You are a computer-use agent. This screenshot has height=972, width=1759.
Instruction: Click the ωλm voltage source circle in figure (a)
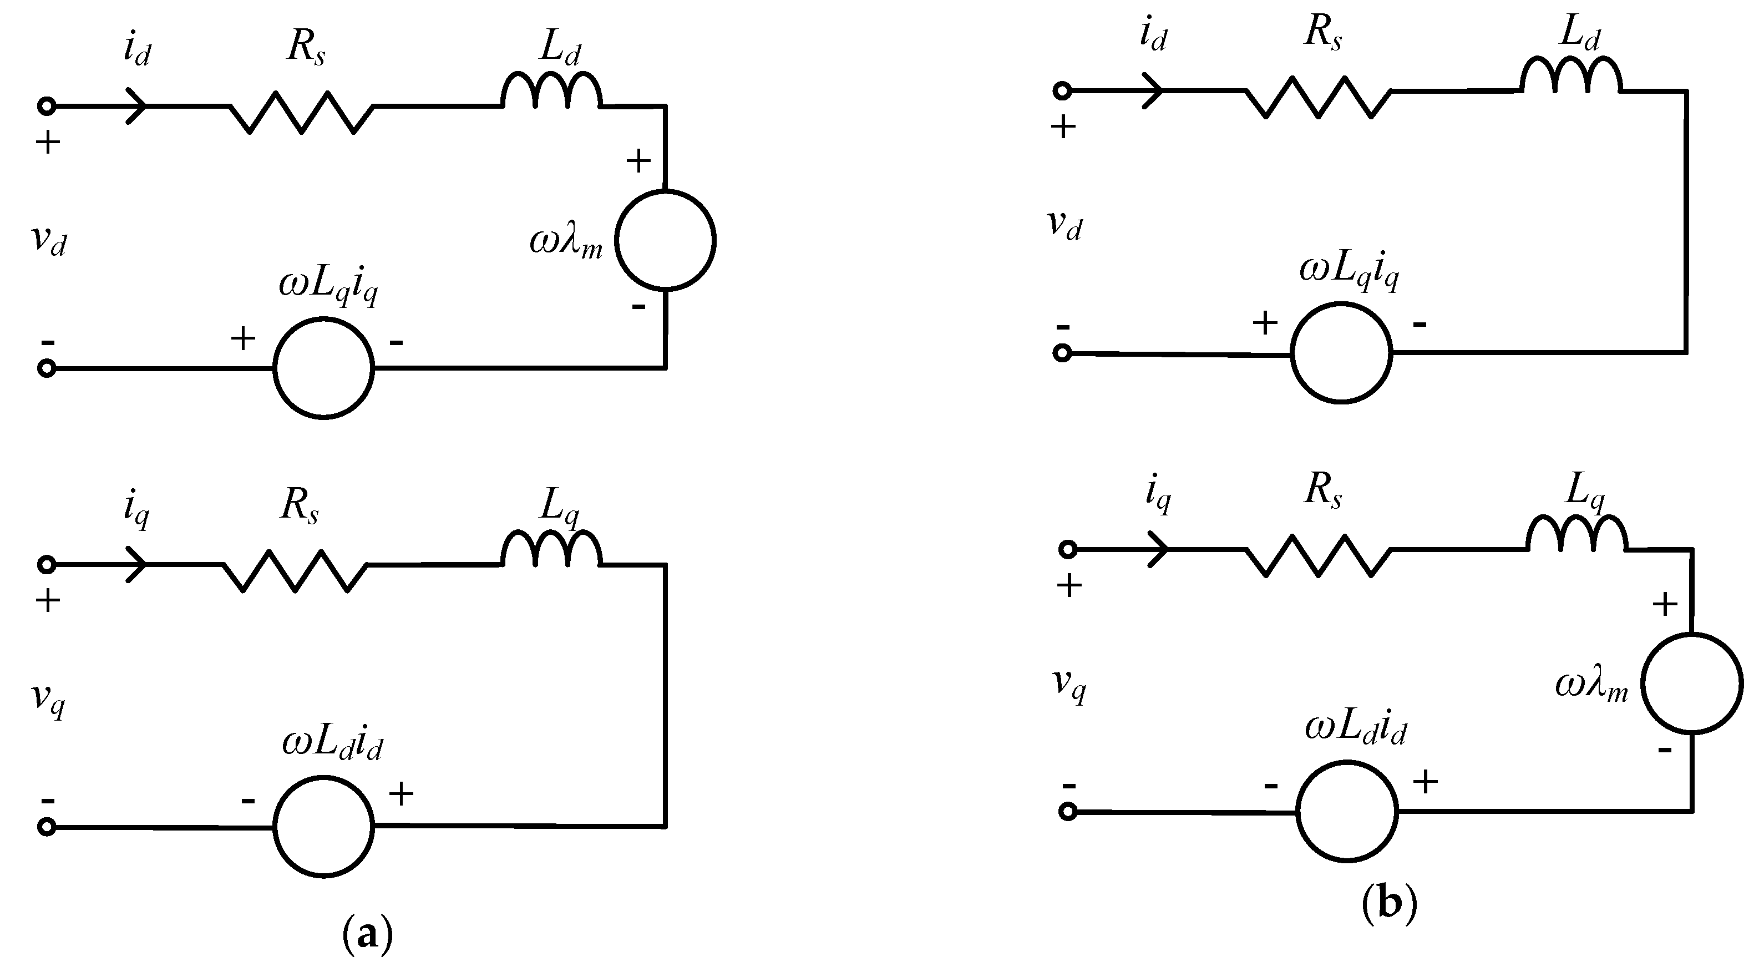tap(665, 240)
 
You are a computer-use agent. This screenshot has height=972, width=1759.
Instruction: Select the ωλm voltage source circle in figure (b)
tap(1691, 683)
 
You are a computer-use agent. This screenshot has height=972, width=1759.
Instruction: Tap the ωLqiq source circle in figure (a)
tap(323, 367)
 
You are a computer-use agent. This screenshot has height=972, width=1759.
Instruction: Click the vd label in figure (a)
tap(49, 240)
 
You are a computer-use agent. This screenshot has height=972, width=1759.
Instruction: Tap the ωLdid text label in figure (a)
tap(332, 746)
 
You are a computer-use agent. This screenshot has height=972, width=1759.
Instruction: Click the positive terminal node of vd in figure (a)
tap(47, 107)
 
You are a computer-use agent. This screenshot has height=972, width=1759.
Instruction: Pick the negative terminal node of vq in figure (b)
tap(1068, 812)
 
